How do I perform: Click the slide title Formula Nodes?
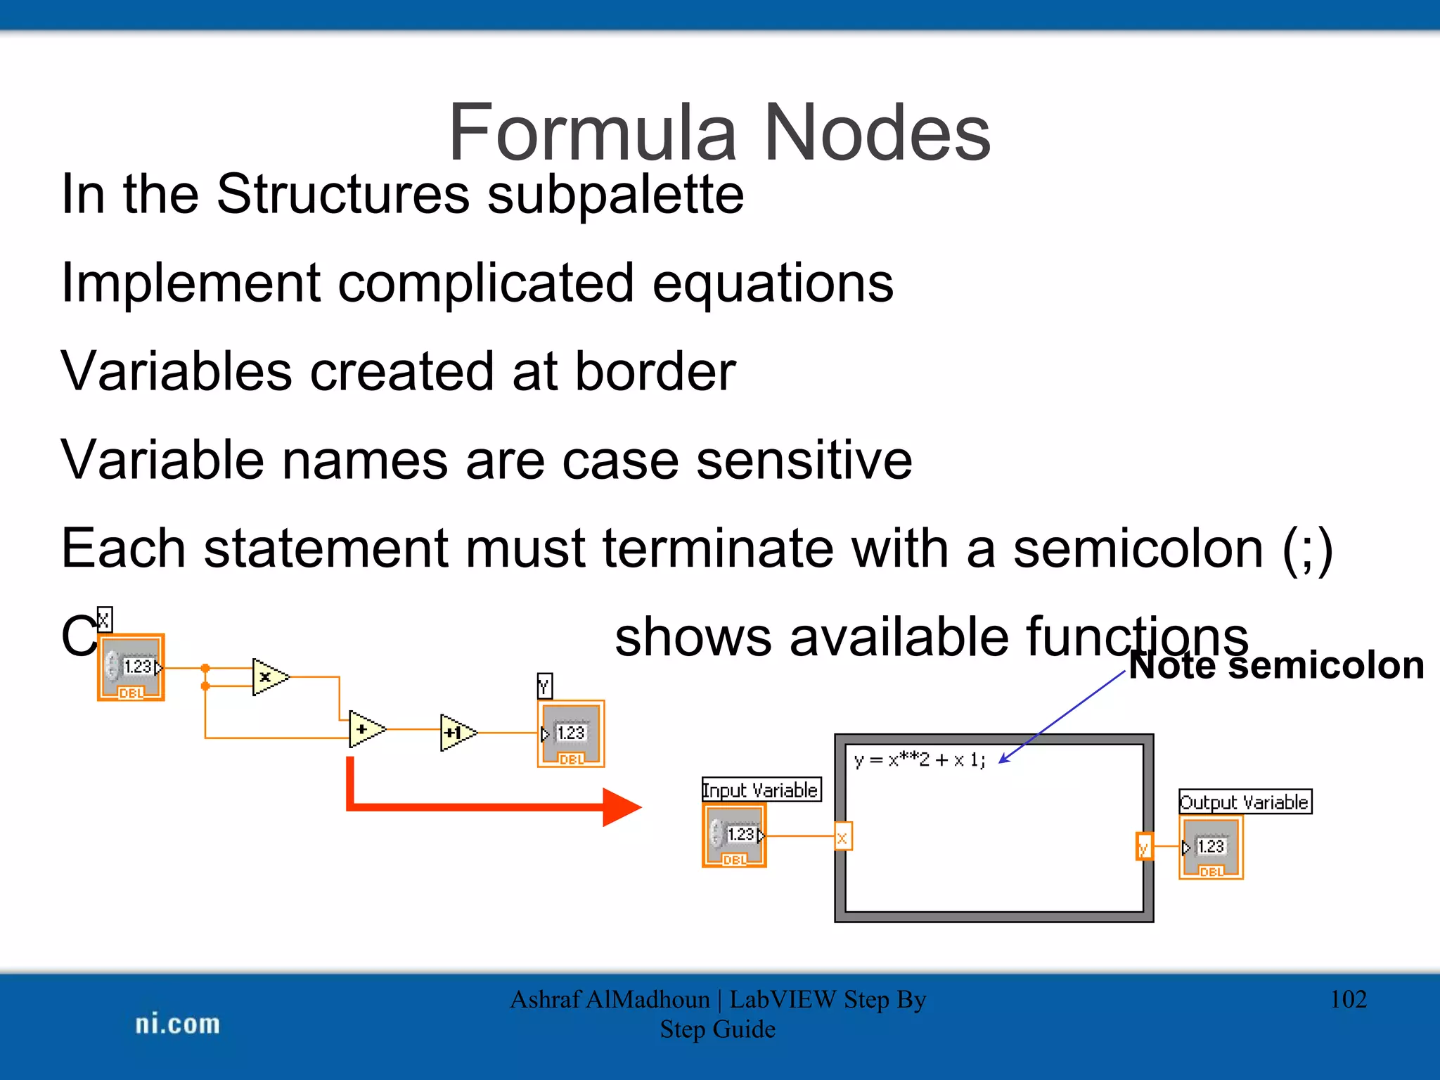point(719,132)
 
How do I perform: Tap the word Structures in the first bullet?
point(342,194)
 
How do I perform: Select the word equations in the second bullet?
point(773,283)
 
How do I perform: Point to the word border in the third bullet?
point(655,371)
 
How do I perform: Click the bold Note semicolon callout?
point(1276,665)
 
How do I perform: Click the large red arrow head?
point(621,807)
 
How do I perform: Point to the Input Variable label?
point(761,790)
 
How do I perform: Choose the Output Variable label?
point(1245,802)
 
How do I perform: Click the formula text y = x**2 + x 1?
point(920,760)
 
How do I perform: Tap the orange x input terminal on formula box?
point(842,837)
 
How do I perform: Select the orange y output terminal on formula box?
point(1144,847)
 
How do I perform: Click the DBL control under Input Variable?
point(734,836)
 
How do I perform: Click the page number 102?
point(1348,1000)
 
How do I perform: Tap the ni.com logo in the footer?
point(177,1024)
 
